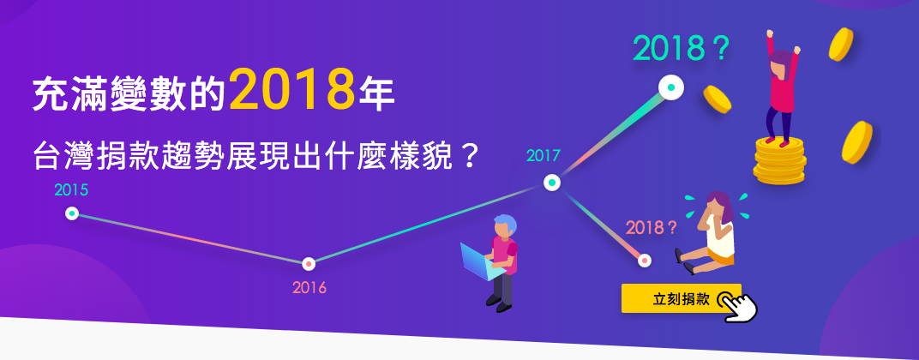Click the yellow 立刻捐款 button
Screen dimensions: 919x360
click(681, 298)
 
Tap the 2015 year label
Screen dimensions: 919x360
click(71, 190)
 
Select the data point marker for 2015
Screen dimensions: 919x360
click(72, 213)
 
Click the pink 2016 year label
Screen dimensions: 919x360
click(309, 289)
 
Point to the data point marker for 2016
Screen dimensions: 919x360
click(309, 263)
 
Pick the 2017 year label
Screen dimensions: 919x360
click(544, 156)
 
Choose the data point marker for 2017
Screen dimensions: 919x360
click(551, 183)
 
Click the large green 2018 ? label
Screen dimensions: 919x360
click(680, 48)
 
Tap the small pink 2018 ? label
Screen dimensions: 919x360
click(652, 227)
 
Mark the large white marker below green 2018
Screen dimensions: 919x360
click(671, 88)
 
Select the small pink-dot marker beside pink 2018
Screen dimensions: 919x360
click(645, 261)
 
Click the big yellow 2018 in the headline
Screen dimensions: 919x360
click(292, 90)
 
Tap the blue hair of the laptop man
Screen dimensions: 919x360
click(505, 224)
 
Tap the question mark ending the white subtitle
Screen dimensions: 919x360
click(467, 157)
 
